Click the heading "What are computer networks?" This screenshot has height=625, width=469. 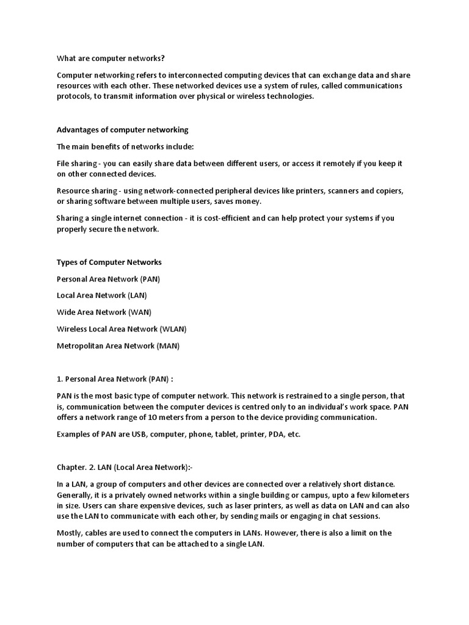pyautogui.click(x=111, y=59)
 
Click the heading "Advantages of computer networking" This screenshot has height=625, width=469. pyautogui.click(x=122, y=130)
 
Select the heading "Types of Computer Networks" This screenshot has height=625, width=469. pyautogui.click(x=109, y=262)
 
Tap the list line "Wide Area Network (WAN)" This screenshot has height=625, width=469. pyautogui.click(x=104, y=312)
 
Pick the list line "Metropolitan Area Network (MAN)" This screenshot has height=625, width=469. pyautogui.click(x=118, y=346)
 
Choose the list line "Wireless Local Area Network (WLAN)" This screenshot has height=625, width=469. pyautogui.click(x=121, y=329)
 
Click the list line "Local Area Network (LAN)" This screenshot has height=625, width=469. pyautogui.click(x=101, y=295)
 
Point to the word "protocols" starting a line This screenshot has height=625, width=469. pyautogui.click(x=73, y=96)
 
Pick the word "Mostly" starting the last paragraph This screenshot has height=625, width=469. pyautogui.click(x=70, y=533)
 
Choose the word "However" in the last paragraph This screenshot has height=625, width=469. pyautogui.click(x=304, y=533)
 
